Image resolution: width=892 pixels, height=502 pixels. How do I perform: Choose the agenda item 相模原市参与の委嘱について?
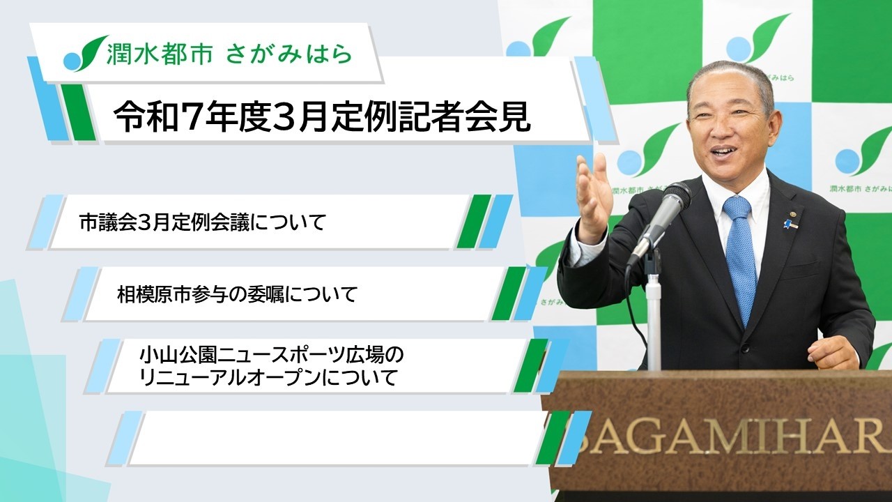pos(237,295)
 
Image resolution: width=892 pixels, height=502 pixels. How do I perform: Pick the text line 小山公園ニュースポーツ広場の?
pos(271,356)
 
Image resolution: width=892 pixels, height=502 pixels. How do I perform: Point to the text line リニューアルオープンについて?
pos(268,379)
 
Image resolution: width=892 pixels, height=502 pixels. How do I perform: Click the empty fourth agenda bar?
pos(334,438)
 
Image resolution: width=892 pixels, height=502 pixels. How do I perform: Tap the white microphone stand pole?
pos(653,314)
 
